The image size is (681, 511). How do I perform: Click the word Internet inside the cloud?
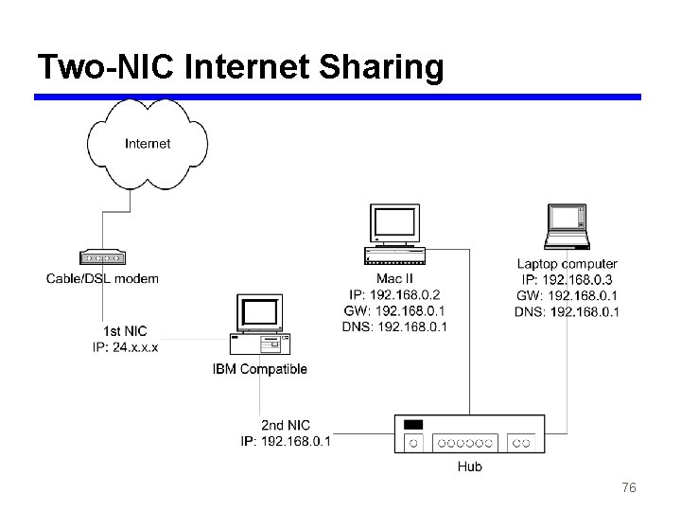click(148, 144)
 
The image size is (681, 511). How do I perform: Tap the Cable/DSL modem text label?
click(102, 278)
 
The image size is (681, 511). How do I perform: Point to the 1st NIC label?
click(125, 330)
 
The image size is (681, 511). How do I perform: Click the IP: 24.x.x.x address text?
click(125, 346)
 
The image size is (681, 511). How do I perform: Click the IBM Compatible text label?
click(259, 369)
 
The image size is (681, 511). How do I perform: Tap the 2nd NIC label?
click(286, 425)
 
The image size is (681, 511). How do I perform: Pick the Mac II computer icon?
click(395, 233)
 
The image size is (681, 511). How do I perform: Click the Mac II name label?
click(394, 279)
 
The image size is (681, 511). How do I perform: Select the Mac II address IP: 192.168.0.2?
click(394, 295)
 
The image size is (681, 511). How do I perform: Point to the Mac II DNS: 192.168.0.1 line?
click(394, 327)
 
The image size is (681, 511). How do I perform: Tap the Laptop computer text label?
click(567, 264)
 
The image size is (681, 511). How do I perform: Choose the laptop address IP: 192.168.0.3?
click(567, 280)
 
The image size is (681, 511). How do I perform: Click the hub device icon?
click(469, 434)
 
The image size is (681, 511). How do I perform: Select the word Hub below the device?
click(469, 467)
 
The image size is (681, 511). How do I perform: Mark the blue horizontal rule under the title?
click(338, 97)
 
